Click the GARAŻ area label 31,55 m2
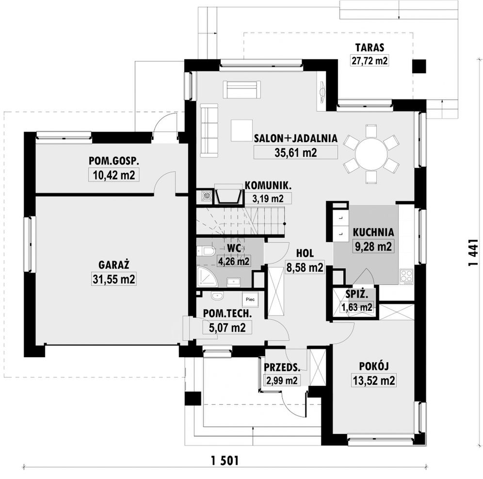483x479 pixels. [x=113, y=279]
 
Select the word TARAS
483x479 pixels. [x=370, y=48]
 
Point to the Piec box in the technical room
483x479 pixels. [x=250, y=299]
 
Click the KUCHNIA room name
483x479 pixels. [x=373, y=232]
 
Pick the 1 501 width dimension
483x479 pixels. [x=225, y=461]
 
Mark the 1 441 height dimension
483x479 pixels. [x=473, y=252]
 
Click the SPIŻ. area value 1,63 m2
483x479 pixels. [x=357, y=307]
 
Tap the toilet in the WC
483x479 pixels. [x=207, y=251]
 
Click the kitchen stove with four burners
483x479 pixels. [x=406, y=276]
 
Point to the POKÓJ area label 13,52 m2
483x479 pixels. [x=374, y=380]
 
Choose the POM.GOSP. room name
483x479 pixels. [x=114, y=161]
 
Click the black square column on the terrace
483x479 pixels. [x=419, y=66]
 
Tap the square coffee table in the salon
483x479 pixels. [x=242, y=131]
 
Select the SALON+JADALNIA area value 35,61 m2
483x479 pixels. [x=295, y=152]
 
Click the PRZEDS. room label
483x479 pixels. [x=282, y=367]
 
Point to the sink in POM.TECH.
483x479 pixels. [x=217, y=296]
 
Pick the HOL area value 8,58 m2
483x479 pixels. [x=305, y=267]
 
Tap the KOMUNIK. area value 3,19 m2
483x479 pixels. [x=268, y=198]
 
